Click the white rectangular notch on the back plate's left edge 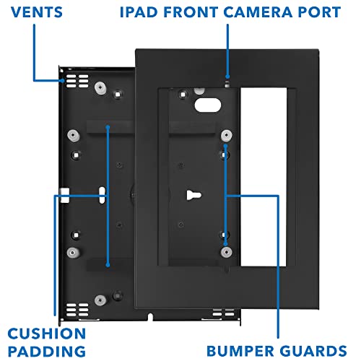coord(65,194)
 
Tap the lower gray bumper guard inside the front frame coord(226,251)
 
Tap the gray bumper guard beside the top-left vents coord(98,87)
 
